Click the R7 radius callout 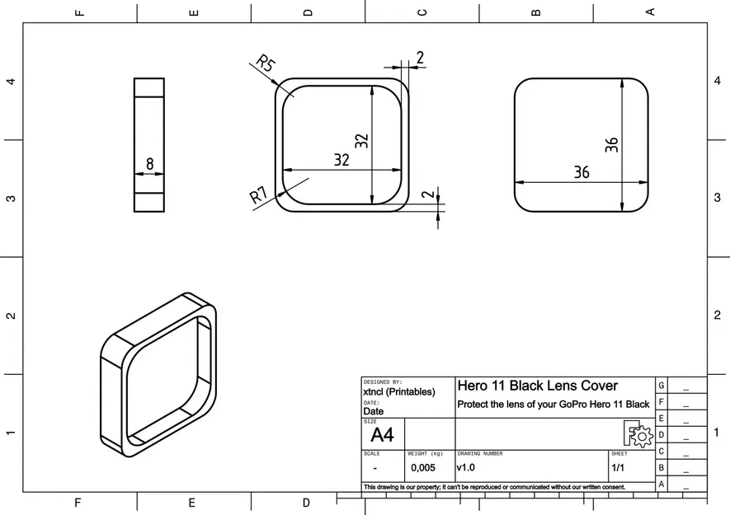coord(258,195)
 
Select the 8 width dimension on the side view coord(149,164)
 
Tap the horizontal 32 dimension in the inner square coord(341,160)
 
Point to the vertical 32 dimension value coord(361,141)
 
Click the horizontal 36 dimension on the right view coord(582,172)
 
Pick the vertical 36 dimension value coord(611,145)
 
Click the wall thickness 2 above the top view coord(419,57)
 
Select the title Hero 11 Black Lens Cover coord(537,386)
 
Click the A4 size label coord(382,435)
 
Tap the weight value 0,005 coord(423,468)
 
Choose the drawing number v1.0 coord(466,468)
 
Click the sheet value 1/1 coord(618,468)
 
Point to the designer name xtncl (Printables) coord(398,392)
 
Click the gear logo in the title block coord(638,433)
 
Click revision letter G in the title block coord(661,386)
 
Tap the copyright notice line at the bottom coord(495,487)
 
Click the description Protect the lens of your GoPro coord(553,405)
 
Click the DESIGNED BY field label coord(382,382)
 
